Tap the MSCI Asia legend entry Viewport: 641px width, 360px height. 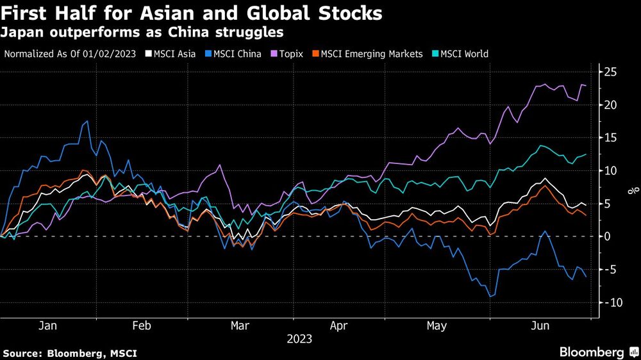(x=171, y=54)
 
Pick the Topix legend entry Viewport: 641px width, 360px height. (x=288, y=54)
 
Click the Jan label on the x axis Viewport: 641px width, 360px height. (x=47, y=326)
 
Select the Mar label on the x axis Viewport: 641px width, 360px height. (x=240, y=326)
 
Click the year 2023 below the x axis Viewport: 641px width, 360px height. (x=299, y=339)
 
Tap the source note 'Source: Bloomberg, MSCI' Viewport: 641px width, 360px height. (x=70, y=353)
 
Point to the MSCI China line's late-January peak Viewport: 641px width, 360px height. (x=87, y=121)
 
